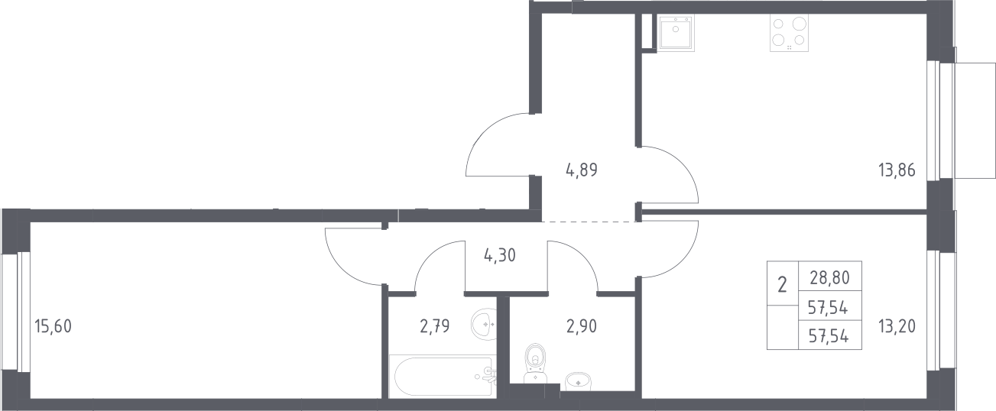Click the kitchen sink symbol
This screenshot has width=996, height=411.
(x=676, y=34)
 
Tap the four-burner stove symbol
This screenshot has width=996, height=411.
(x=790, y=34)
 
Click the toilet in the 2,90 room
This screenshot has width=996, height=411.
(x=535, y=363)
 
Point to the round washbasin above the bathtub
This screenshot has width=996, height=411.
(x=484, y=325)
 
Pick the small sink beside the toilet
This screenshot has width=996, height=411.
(x=578, y=381)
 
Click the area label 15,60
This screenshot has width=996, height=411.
(x=53, y=326)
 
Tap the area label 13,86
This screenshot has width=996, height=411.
(x=897, y=170)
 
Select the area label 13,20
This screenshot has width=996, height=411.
(x=897, y=326)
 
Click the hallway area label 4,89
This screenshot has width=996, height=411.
(x=582, y=170)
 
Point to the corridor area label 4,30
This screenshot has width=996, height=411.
(x=499, y=255)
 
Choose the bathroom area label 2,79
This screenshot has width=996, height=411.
(x=435, y=326)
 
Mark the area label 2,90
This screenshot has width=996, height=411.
(x=582, y=326)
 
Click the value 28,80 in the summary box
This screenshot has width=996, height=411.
(x=829, y=278)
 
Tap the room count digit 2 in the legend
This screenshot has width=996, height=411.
(x=782, y=284)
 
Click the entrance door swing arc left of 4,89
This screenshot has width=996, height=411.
(x=485, y=133)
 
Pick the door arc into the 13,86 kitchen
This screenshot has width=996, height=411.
(x=680, y=164)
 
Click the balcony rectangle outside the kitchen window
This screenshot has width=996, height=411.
(x=974, y=121)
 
